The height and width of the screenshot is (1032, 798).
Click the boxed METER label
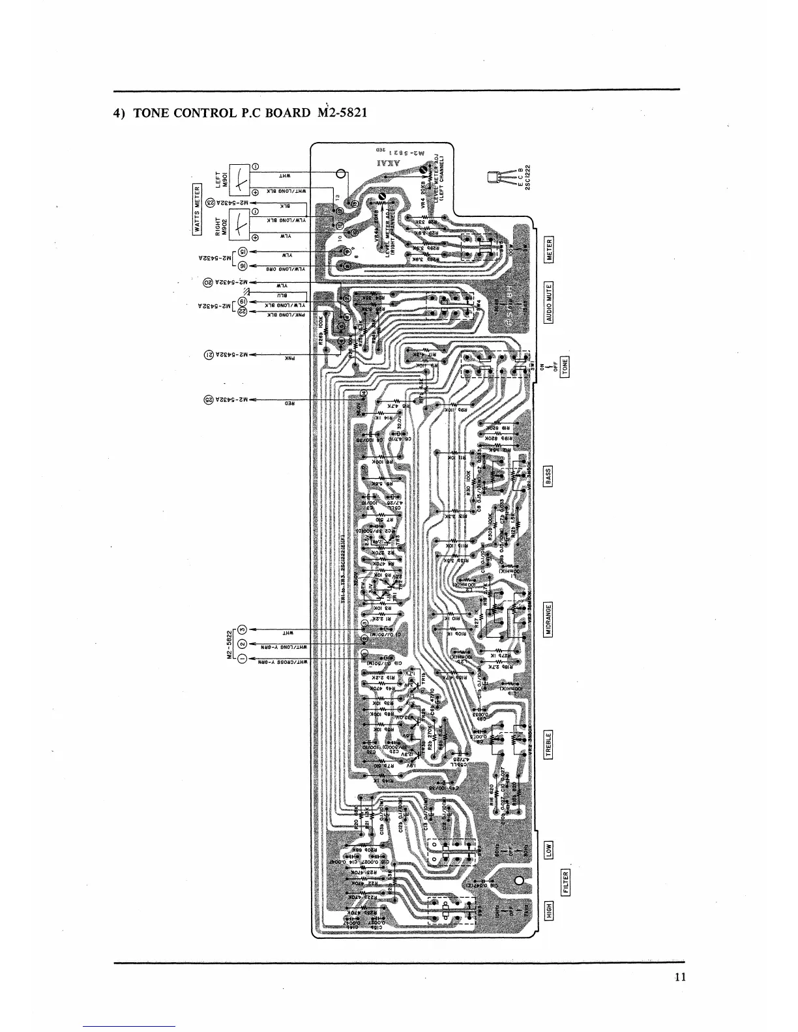550,250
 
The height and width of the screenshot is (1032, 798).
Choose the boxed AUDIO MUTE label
550,303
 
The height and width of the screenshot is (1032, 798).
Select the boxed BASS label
549,476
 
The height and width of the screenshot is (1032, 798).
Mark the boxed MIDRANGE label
549,619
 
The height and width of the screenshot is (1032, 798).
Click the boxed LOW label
549,850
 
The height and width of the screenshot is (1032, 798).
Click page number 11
681,977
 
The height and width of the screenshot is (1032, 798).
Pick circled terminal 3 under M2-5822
242,630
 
